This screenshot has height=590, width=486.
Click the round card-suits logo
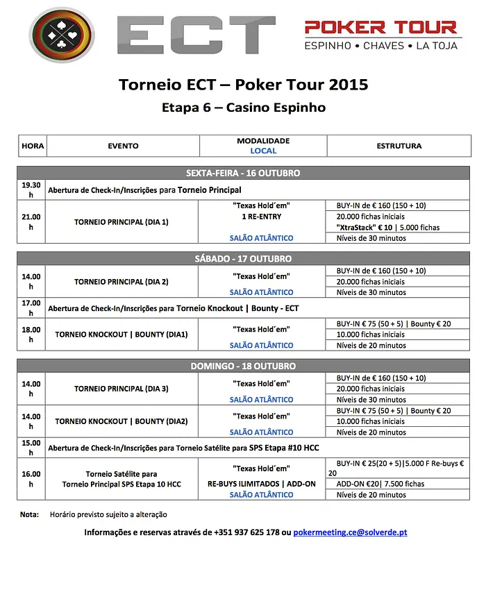click(x=62, y=35)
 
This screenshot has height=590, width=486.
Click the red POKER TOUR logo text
click(x=381, y=28)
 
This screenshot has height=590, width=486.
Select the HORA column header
click(x=33, y=146)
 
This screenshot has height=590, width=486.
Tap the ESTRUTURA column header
click(x=399, y=146)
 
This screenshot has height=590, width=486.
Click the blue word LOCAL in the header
click(x=263, y=151)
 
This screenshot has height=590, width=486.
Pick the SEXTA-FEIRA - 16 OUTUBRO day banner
click(x=243, y=173)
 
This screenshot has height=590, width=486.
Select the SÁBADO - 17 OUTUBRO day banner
click(x=243, y=258)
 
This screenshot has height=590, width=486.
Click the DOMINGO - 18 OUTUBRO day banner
click(x=243, y=366)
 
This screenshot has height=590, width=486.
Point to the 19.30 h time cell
click(x=31, y=189)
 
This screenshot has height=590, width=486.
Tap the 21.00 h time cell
click(x=31, y=221)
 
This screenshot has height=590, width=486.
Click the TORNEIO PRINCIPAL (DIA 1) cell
click(x=121, y=222)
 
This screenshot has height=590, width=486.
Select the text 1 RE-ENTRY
click(x=262, y=217)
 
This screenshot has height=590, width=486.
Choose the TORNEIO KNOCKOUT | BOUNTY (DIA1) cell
click(x=121, y=335)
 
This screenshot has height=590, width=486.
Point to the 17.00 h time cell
click(x=31, y=307)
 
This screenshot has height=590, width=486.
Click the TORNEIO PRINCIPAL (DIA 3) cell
click(x=121, y=389)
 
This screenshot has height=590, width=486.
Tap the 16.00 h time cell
click(x=31, y=479)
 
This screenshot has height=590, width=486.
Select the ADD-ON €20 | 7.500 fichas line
click(x=380, y=484)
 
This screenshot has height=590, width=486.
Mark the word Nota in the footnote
click(x=29, y=514)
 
